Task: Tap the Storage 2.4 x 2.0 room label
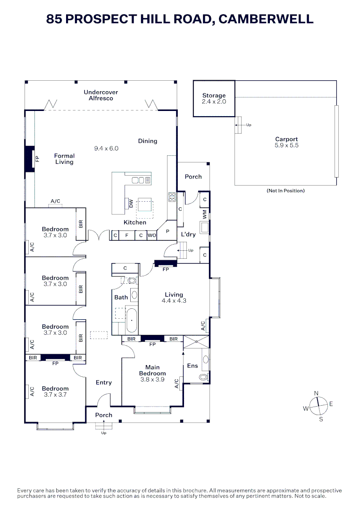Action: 214,98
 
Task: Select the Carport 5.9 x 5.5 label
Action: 286,142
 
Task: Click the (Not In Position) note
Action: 285,191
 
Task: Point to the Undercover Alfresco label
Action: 101,95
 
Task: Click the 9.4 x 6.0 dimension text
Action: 106,148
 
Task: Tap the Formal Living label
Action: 64,159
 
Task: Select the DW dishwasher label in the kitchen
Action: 131,204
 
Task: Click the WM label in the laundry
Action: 204,214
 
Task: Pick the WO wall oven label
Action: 151,235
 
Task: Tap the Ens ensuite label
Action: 193,365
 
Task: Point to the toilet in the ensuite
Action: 203,377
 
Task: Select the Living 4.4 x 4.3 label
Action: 174,297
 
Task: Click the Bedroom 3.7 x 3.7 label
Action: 55,391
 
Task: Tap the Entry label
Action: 103,382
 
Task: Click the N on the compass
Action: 317,393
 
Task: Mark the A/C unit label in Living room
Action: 203,326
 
